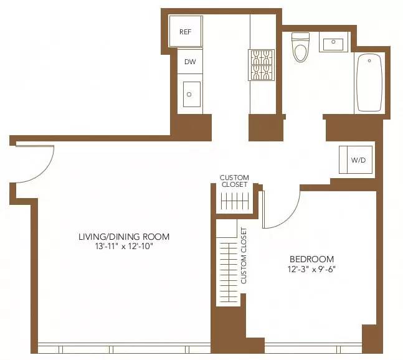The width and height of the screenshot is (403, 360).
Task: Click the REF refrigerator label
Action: pyautogui.click(x=185, y=32)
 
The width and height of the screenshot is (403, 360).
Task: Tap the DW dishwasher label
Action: pyautogui.click(x=189, y=62)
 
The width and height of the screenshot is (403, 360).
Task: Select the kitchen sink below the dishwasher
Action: pyautogui.click(x=191, y=95)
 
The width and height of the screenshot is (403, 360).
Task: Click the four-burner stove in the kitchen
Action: pyautogui.click(x=262, y=65)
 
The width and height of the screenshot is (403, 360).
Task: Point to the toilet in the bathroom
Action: pyautogui.click(x=300, y=47)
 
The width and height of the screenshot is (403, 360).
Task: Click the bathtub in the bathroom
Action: pyautogui.click(x=369, y=83)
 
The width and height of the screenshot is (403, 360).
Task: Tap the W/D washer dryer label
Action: pyautogui.click(x=358, y=160)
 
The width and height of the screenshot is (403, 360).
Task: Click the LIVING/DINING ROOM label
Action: pyautogui.click(x=123, y=237)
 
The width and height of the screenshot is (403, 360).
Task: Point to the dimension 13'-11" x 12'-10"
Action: pyautogui.click(x=123, y=247)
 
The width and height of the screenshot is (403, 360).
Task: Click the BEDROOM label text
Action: pyautogui.click(x=311, y=259)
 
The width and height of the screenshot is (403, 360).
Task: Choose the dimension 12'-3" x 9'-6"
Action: pyautogui.click(x=311, y=270)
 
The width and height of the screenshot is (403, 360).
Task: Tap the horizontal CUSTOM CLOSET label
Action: pyautogui.click(x=234, y=181)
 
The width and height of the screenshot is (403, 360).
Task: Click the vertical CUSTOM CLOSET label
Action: pyautogui.click(x=244, y=255)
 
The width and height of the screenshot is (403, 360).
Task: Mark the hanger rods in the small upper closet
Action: pyautogui.click(x=235, y=201)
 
